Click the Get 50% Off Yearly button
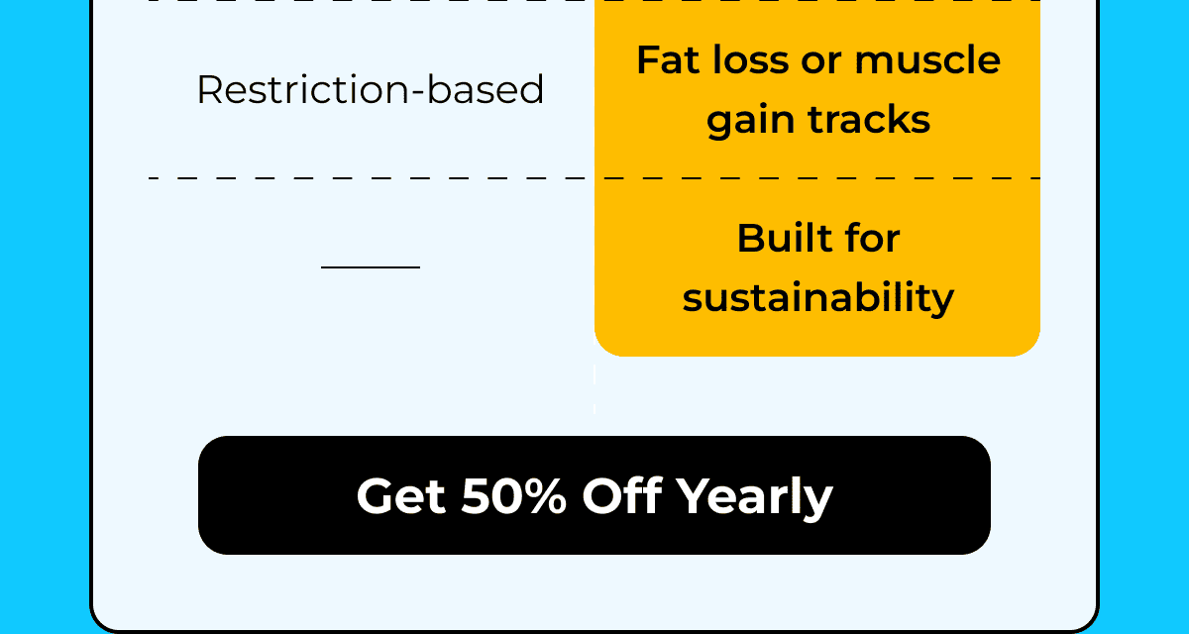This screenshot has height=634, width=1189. [594, 495]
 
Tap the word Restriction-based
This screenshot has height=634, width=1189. [370, 90]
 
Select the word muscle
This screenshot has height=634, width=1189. [927, 60]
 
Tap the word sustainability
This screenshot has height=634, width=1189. [818, 298]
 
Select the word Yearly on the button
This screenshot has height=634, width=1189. [754, 495]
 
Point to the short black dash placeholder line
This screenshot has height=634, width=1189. [371, 266]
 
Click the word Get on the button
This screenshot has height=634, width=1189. [401, 495]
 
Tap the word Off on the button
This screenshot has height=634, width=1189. [620, 495]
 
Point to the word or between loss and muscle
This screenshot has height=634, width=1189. [818, 60]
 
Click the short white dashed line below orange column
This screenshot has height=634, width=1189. [594, 389]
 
